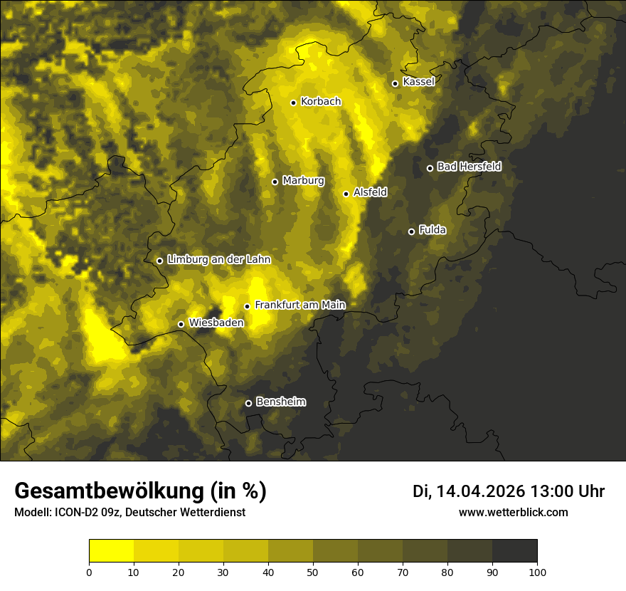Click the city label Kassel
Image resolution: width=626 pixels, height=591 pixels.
click(418, 82)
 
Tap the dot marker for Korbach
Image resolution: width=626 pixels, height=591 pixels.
click(293, 103)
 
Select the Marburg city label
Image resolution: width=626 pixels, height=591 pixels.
click(303, 181)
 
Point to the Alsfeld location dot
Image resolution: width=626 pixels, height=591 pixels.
click(346, 194)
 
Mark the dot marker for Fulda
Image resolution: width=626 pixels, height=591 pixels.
click(411, 231)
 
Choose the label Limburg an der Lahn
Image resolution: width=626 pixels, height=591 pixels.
click(218, 260)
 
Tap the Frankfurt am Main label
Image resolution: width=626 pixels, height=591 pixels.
click(299, 305)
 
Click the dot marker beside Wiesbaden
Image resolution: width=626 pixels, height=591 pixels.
click(181, 325)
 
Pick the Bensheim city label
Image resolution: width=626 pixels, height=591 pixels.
click(280, 402)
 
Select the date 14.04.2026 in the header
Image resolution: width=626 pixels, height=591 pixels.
click(480, 491)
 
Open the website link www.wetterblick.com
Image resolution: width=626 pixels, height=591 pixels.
click(513, 512)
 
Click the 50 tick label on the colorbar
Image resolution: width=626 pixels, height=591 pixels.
click(313, 572)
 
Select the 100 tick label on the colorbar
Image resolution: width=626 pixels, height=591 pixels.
click(537, 572)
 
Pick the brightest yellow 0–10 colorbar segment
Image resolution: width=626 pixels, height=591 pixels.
click(112, 551)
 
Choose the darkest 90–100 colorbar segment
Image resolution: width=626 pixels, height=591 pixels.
click(514, 551)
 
